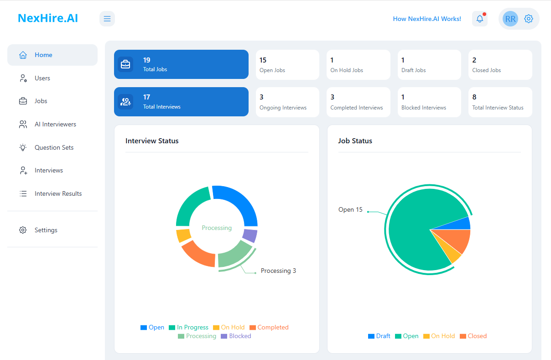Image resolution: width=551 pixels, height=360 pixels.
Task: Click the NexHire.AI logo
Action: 48,18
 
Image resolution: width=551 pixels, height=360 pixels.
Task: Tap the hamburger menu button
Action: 107,19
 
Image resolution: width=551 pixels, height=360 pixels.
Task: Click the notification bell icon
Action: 479,19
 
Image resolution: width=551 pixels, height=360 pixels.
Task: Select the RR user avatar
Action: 510,19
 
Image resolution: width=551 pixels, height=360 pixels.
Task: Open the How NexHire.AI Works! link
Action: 427,19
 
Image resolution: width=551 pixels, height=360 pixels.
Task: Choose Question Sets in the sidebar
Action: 54,147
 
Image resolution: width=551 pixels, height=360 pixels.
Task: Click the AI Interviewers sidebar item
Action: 55,124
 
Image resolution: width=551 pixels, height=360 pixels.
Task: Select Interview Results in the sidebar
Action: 58,193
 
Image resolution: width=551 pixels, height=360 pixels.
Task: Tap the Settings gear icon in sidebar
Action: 23,230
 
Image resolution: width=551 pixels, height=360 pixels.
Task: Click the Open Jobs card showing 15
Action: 287,65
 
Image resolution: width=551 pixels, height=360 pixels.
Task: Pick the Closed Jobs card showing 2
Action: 500,65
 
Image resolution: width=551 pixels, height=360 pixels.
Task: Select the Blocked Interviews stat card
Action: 429,102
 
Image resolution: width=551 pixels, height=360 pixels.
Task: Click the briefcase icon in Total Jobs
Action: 125,64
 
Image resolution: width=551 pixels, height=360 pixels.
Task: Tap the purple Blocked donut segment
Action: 250,235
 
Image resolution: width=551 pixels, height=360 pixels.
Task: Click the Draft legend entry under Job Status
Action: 379,336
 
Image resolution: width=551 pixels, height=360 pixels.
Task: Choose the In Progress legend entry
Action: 188,328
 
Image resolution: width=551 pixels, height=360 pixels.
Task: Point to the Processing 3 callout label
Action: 278,271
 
